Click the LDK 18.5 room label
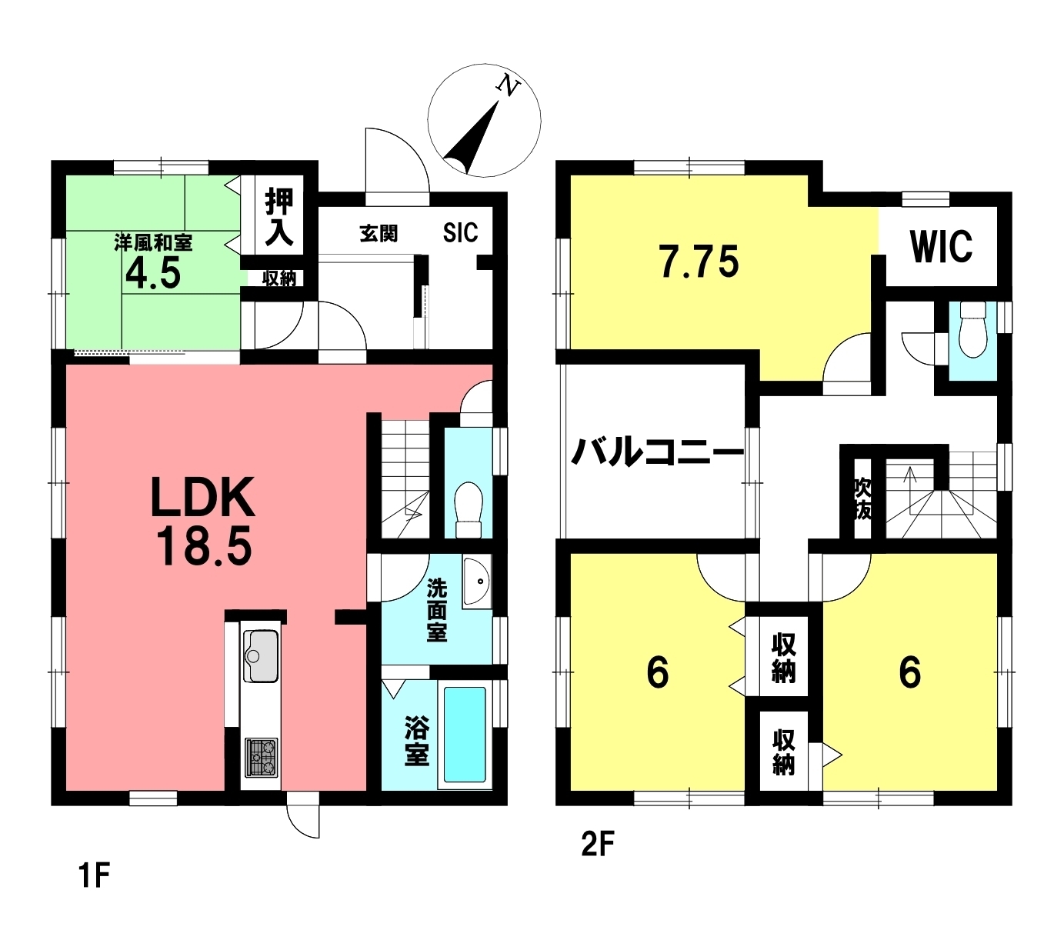tap(202, 521)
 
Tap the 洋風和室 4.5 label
tap(153, 262)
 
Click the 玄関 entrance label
tap(379, 233)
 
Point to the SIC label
tap(460, 232)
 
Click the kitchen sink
tap(261, 655)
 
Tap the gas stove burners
tap(262, 756)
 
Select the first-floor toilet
tap(468, 508)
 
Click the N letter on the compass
tap(508, 85)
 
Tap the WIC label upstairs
tap(941, 246)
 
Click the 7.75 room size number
tap(699, 262)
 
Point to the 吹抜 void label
tap(862, 498)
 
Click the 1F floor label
tap(94, 875)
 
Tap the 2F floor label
tap(597, 845)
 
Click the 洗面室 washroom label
tap(436, 611)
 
